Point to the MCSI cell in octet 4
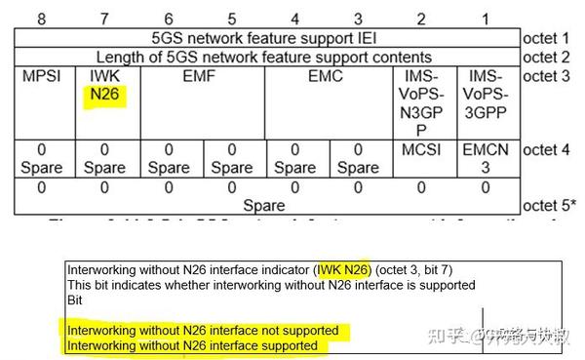point(421,151)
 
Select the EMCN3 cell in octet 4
point(486,159)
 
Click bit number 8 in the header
point(41,19)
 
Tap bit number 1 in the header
point(486,19)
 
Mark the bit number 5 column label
point(231,19)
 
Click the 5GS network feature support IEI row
point(264,38)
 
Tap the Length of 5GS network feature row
point(264,57)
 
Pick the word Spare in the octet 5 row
point(264,205)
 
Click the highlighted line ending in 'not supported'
point(203,330)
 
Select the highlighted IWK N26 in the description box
point(343,268)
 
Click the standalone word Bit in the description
point(74,300)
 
